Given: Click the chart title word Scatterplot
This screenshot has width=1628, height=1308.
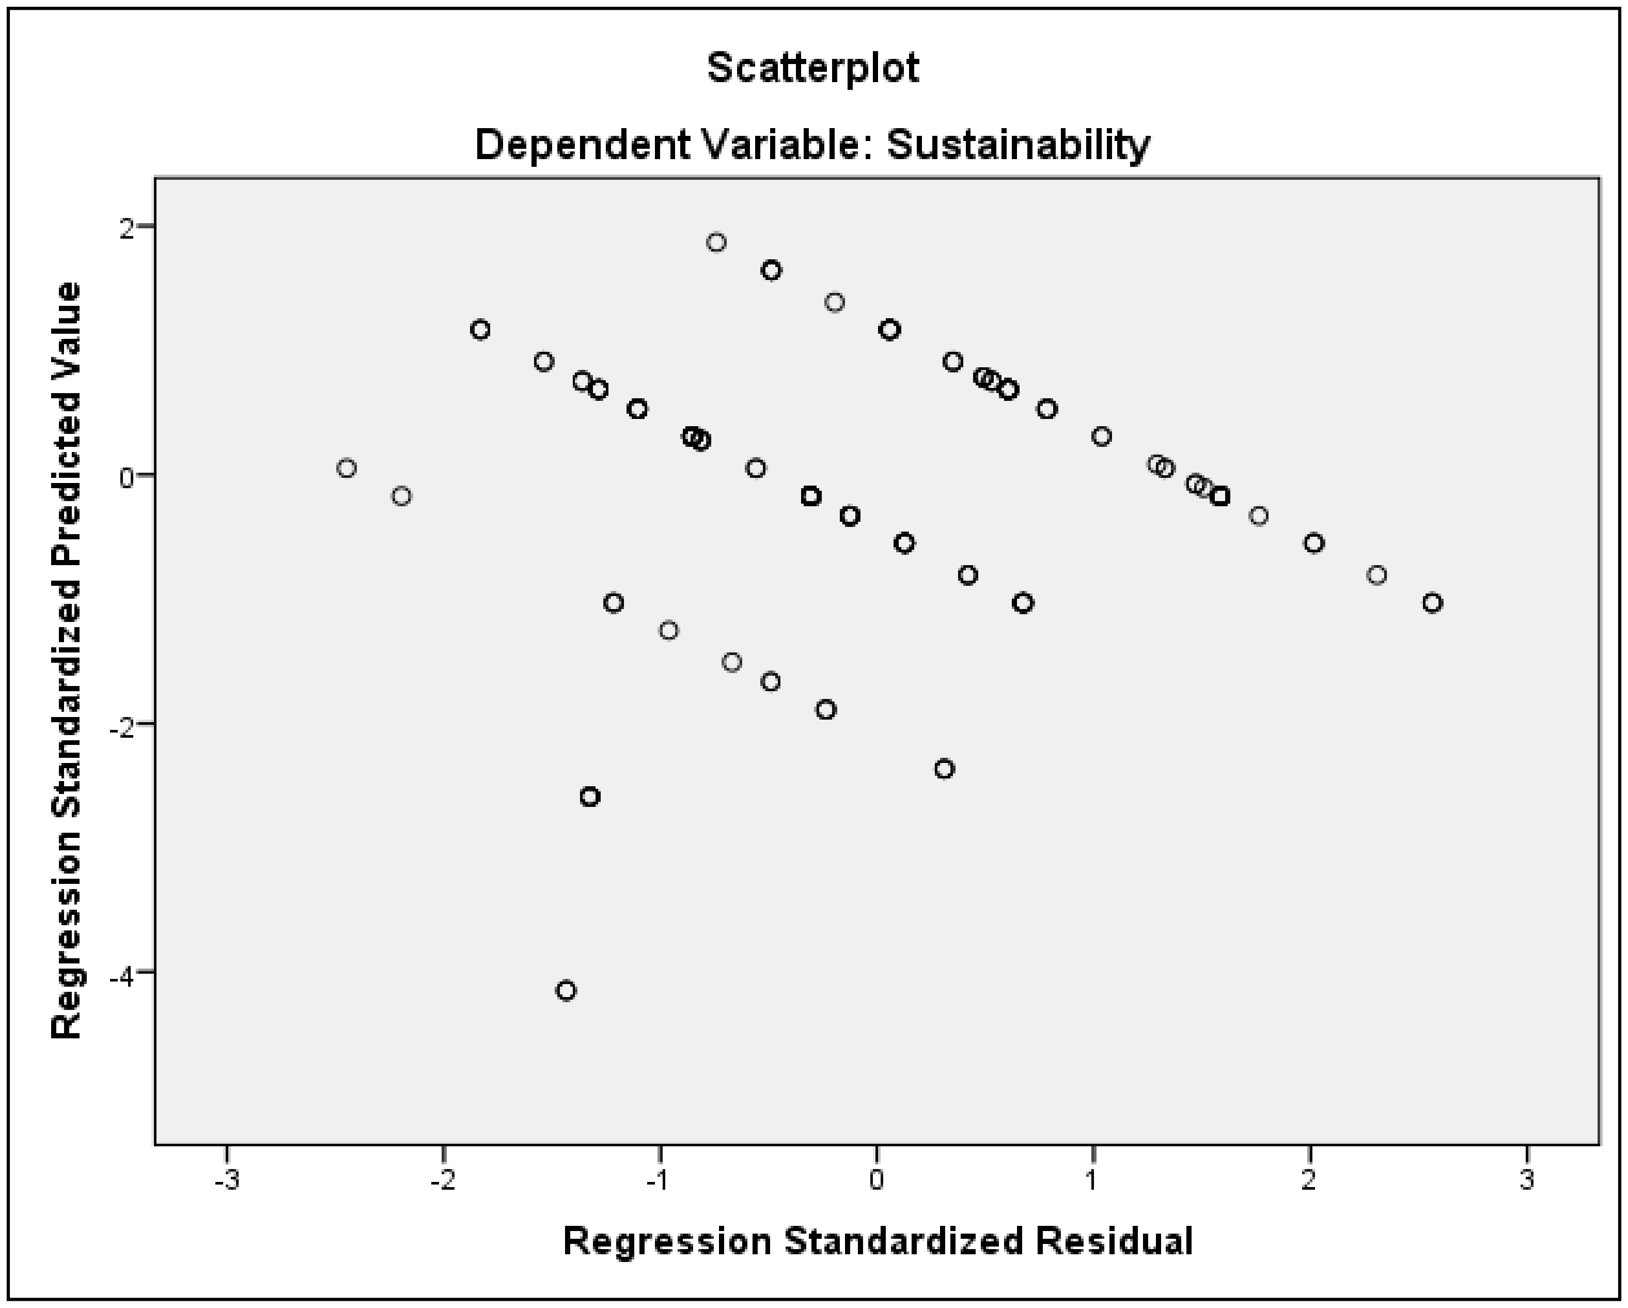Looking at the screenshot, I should click(x=813, y=69).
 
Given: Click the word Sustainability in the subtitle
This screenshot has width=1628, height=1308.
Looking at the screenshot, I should click(x=1019, y=144).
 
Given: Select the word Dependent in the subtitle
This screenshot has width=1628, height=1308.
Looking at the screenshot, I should click(x=582, y=144).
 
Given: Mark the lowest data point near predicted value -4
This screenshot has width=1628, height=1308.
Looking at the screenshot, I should click(x=566, y=990).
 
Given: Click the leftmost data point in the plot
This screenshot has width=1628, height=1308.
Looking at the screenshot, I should click(x=347, y=468).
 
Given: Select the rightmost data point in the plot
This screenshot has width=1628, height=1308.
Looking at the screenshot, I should click(x=1432, y=603).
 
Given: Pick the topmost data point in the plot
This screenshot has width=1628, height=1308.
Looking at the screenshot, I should click(x=716, y=242).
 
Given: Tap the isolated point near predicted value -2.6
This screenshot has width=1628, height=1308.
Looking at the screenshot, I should click(x=590, y=797).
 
